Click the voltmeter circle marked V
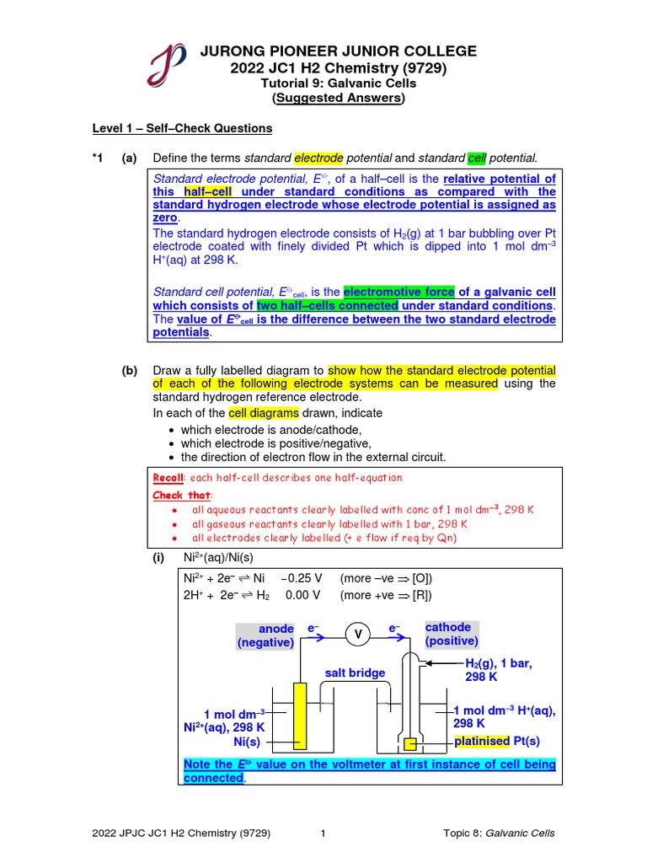(356, 635)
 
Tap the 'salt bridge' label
(355, 673)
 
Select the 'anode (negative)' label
(265, 635)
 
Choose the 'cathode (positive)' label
(451, 634)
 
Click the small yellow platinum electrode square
(410, 742)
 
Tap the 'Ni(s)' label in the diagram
(247, 742)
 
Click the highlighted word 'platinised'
(482, 741)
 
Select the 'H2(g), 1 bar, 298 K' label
(498, 670)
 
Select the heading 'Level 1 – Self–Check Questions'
(182, 128)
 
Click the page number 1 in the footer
(323, 834)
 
